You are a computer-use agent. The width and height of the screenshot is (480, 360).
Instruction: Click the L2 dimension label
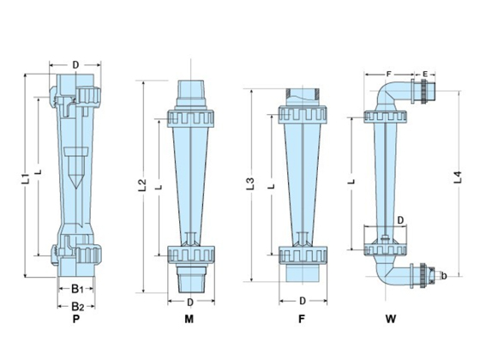coord(143,183)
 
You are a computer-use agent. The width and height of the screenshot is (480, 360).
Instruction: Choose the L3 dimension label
coord(249,183)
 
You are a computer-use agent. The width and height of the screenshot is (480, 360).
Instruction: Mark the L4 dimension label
coord(457,177)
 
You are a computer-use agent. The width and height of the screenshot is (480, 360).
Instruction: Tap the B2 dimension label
coord(76,305)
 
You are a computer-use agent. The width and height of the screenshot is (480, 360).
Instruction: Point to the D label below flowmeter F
coord(303,301)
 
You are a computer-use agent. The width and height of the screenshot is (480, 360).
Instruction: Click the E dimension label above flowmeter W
coord(426,75)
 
